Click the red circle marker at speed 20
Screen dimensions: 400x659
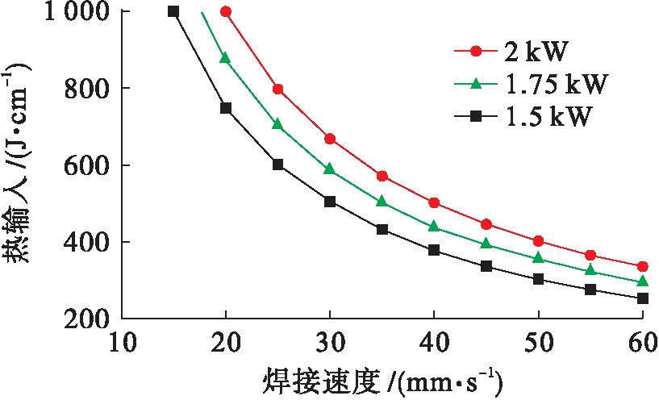(226, 12)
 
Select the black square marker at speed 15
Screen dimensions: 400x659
(173, 11)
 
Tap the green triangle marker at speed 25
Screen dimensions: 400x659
(277, 124)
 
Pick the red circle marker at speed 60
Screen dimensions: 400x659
(643, 267)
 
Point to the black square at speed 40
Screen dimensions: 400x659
(434, 251)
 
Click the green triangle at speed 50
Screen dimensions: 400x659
(538, 258)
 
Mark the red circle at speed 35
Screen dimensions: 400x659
(382, 176)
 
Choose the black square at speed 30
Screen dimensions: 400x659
(330, 202)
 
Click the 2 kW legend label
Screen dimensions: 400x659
(537, 52)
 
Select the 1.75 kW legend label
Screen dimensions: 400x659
(557, 84)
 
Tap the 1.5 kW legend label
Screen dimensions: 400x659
(549, 117)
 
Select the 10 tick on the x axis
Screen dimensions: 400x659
(122, 344)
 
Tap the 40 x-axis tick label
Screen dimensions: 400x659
(434, 344)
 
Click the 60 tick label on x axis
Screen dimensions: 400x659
(642, 344)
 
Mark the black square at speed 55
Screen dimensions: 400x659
(590, 290)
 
